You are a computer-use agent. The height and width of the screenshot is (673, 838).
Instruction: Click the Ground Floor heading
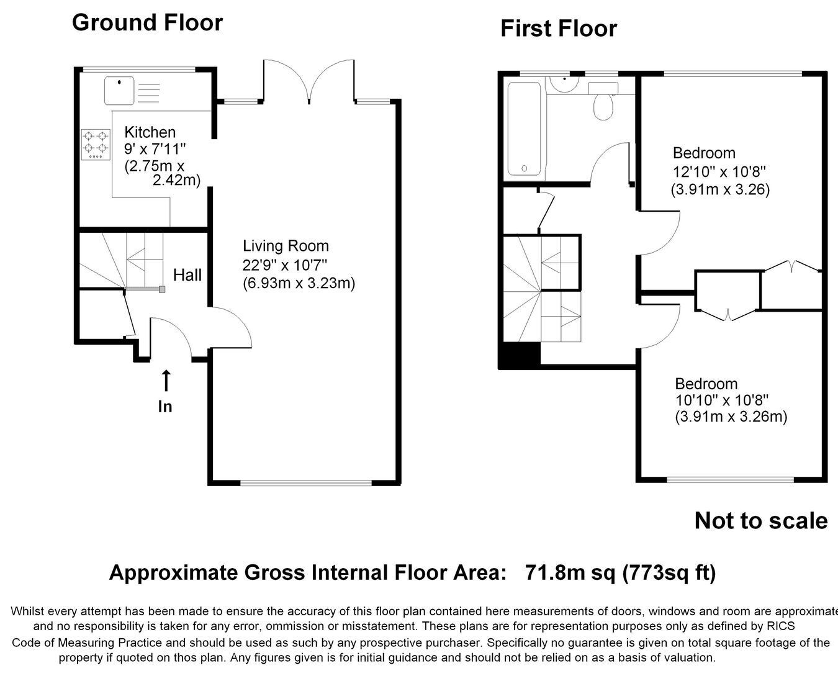point(147,22)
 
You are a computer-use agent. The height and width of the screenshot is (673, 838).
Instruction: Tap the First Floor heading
point(559,29)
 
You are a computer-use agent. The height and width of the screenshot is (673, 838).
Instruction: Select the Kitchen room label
point(150,132)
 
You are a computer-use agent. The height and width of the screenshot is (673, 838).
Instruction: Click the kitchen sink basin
point(119,91)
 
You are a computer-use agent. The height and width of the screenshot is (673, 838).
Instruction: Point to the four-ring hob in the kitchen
point(96,145)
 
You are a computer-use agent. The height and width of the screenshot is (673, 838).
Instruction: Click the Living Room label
point(286,246)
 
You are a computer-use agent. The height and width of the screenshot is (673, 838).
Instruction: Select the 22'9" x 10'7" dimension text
point(285,265)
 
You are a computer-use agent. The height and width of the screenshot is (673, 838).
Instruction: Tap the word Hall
point(187,275)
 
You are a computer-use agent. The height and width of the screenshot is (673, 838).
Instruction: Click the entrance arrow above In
point(166,380)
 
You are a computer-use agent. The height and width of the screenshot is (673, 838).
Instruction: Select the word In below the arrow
point(165,407)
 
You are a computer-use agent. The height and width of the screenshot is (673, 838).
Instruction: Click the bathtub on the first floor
point(524,129)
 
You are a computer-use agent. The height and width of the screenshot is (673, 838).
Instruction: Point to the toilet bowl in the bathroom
point(603,107)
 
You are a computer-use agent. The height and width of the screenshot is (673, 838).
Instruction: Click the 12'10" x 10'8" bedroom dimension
point(719,171)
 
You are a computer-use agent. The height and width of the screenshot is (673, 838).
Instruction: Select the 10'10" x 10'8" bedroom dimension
point(722,400)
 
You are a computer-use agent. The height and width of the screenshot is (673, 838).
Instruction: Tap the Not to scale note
point(761,521)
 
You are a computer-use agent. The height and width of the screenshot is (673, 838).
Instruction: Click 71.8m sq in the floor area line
point(570,572)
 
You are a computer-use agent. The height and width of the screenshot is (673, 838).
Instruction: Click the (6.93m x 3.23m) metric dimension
point(299,283)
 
